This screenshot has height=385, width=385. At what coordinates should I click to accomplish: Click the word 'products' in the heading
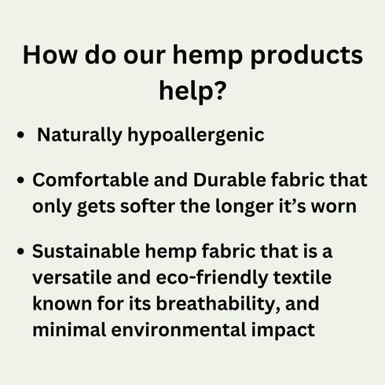click(307, 56)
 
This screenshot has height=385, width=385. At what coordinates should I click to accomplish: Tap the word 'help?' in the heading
click(192, 92)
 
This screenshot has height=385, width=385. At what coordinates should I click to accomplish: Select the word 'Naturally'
click(79, 135)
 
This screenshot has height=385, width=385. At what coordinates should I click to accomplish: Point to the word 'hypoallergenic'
click(196, 135)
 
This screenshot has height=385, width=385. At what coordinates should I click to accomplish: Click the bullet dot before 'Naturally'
click(20, 135)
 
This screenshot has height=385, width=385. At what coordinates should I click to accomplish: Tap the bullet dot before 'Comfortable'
click(20, 180)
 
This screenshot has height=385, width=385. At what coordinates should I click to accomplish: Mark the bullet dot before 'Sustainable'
click(20, 251)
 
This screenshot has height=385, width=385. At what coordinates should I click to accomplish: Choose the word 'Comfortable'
click(90, 180)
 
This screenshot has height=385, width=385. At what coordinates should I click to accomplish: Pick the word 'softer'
click(148, 206)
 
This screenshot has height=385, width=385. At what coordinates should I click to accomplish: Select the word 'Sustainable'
click(86, 251)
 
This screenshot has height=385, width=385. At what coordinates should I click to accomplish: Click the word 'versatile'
click(72, 277)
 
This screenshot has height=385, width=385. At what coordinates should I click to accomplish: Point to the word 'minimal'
click(69, 330)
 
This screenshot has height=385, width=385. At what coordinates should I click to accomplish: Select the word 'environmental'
click(179, 330)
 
